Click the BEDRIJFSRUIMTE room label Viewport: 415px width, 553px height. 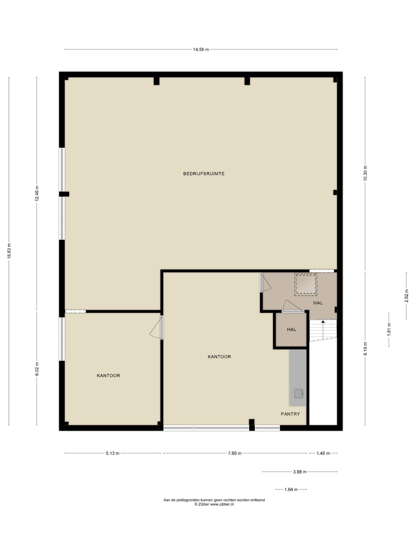click(x=204, y=174)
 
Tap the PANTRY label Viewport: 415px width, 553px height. click(x=290, y=414)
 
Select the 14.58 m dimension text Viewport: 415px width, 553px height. click(x=201, y=50)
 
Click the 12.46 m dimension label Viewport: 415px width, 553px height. click(x=37, y=193)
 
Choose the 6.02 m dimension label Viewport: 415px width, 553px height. click(x=37, y=369)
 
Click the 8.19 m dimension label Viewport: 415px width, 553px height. click(x=365, y=349)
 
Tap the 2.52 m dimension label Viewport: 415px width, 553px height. click(x=406, y=296)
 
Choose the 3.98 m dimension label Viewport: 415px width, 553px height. click(x=300, y=472)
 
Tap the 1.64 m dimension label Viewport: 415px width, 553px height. click(x=291, y=489)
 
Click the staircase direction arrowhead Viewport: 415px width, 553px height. click(x=323, y=322)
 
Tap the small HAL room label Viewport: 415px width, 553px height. click(x=291, y=329)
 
